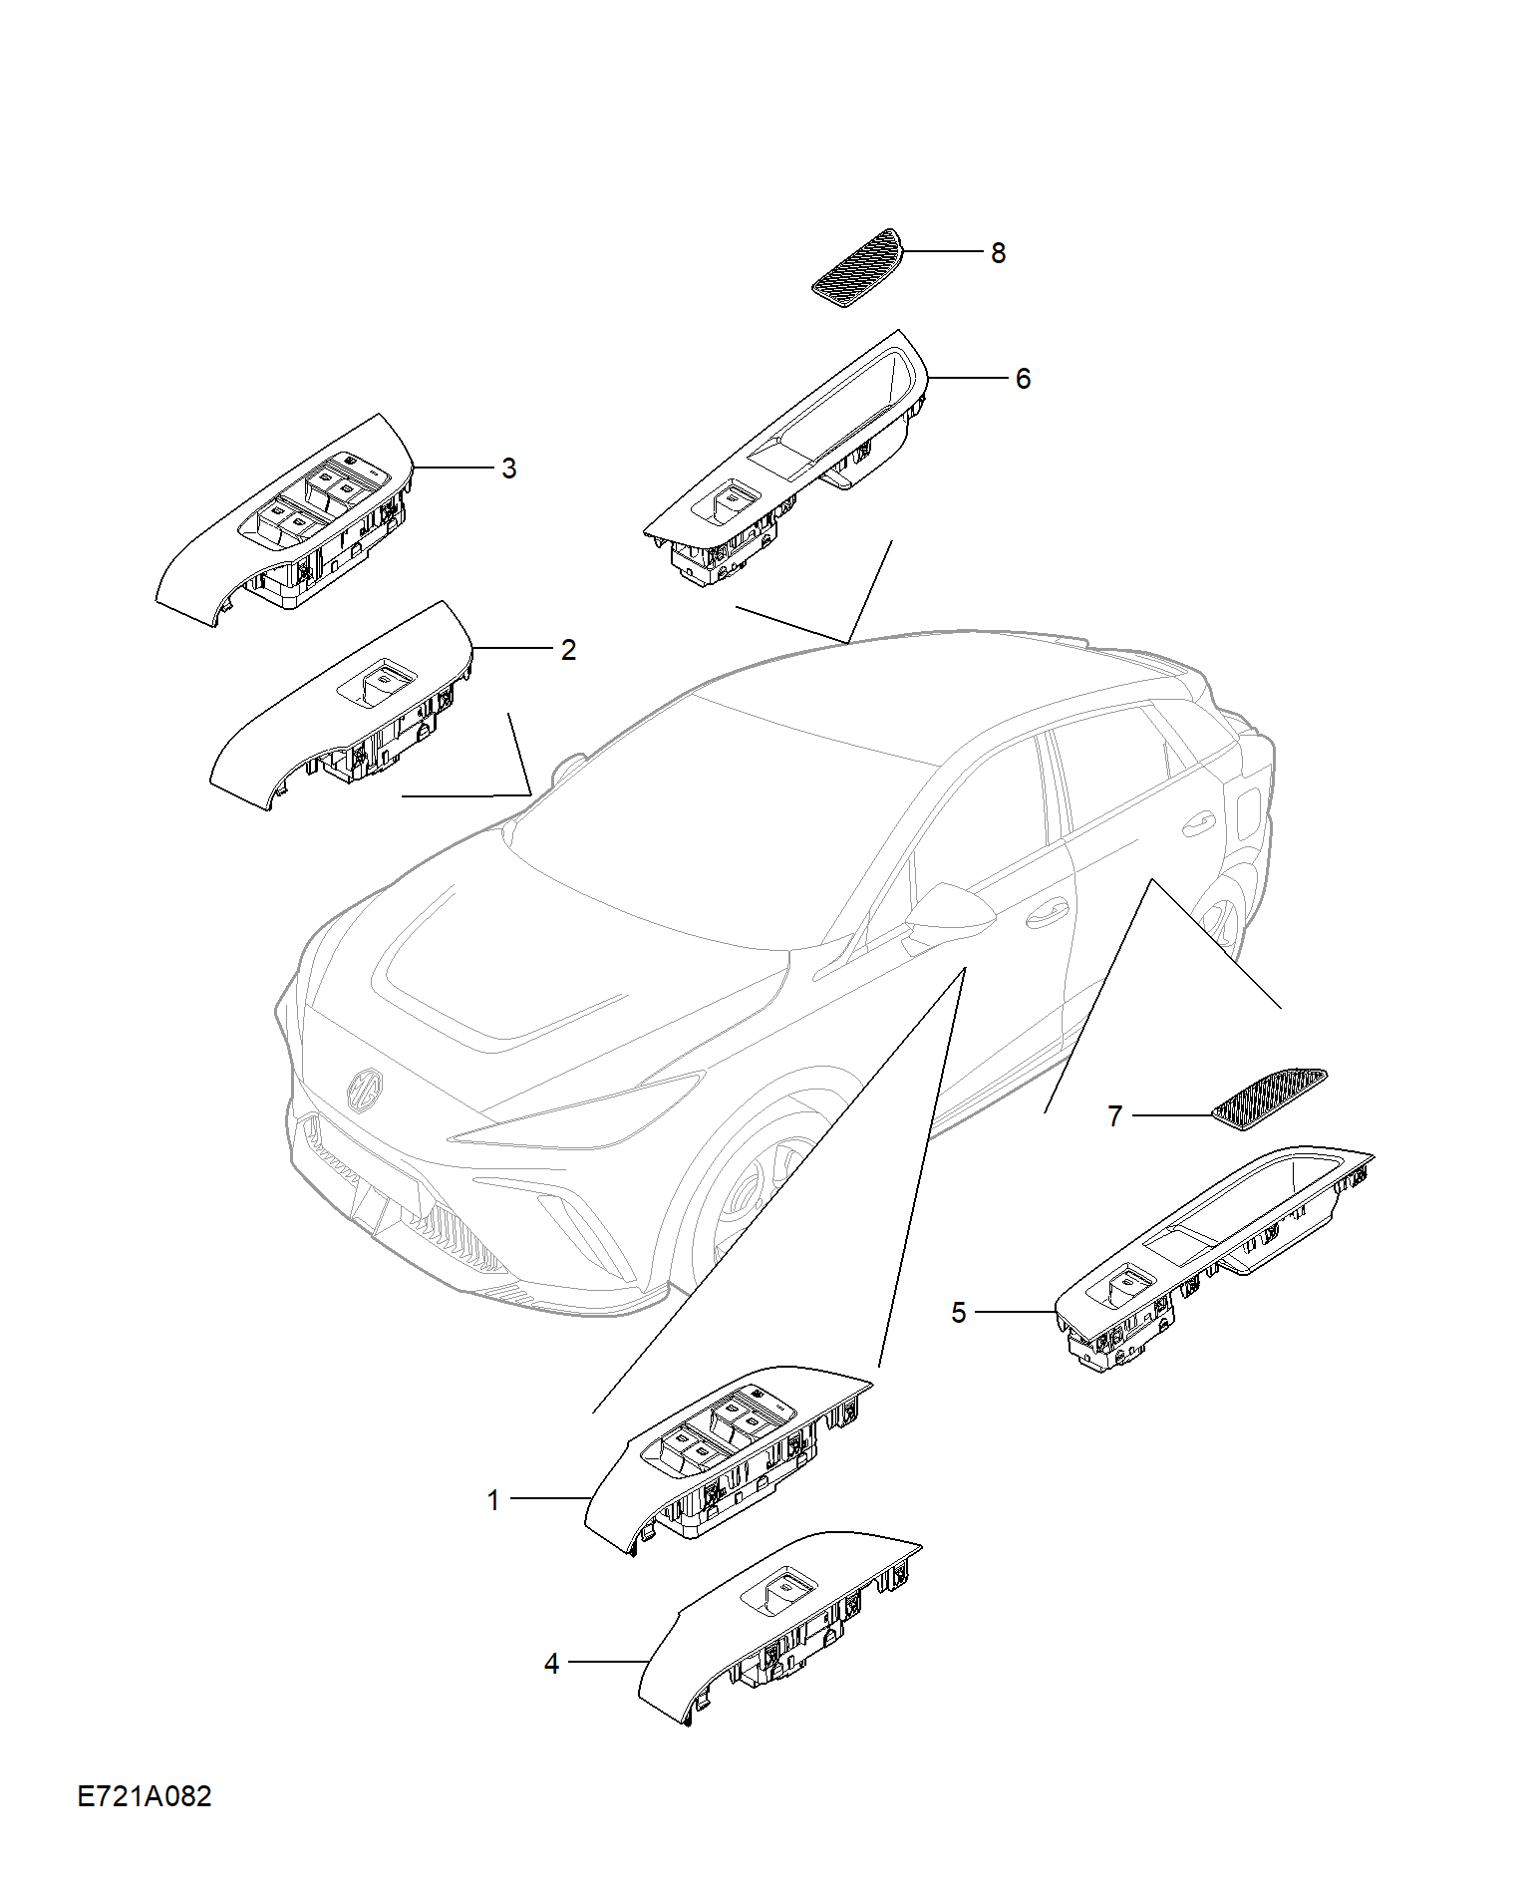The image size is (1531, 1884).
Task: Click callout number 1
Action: [492, 1500]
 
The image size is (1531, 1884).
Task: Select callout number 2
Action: [568, 650]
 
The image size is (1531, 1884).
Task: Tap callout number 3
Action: [509, 469]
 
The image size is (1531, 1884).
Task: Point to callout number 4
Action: [551, 1664]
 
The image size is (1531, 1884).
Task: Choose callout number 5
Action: [959, 1313]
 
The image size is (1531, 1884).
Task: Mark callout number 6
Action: [1023, 379]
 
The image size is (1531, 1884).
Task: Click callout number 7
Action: [1115, 1116]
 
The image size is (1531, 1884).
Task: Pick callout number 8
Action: [998, 253]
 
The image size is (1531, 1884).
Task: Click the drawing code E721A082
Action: [145, 1796]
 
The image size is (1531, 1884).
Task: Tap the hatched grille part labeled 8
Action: [857, 267]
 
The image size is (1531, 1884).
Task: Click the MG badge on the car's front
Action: [365, 1089]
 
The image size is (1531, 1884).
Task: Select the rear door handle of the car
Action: [1198, 823]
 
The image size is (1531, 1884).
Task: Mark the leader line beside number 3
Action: [454, 468]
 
